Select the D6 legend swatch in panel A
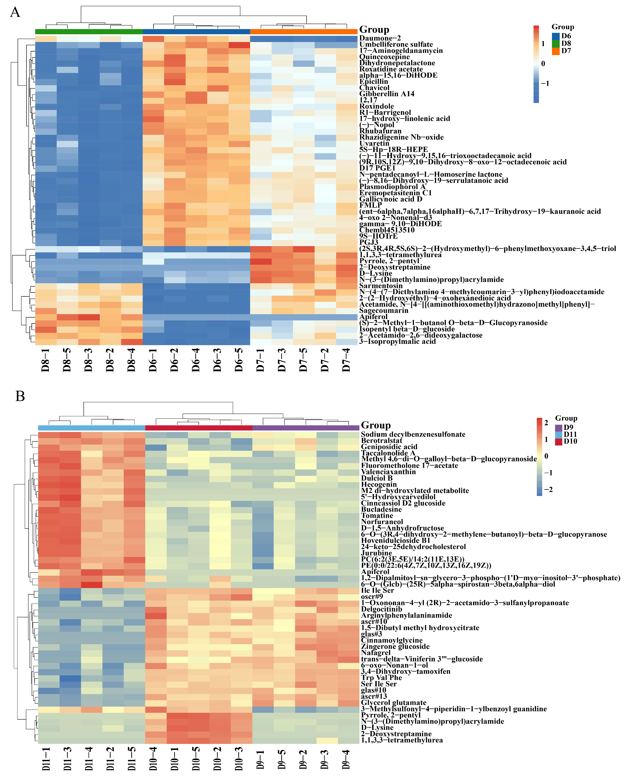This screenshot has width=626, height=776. tap(556, 36)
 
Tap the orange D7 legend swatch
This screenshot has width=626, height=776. tap(556, 51)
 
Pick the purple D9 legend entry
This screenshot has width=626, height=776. tap(559, 427)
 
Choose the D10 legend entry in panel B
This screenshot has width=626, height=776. tap(559, 441)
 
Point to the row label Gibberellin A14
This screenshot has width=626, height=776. tap(387, 94)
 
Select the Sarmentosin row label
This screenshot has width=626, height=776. tap(381, 286)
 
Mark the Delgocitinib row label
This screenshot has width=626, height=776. tap(382, 609)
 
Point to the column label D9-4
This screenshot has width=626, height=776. tap(346, 759)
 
